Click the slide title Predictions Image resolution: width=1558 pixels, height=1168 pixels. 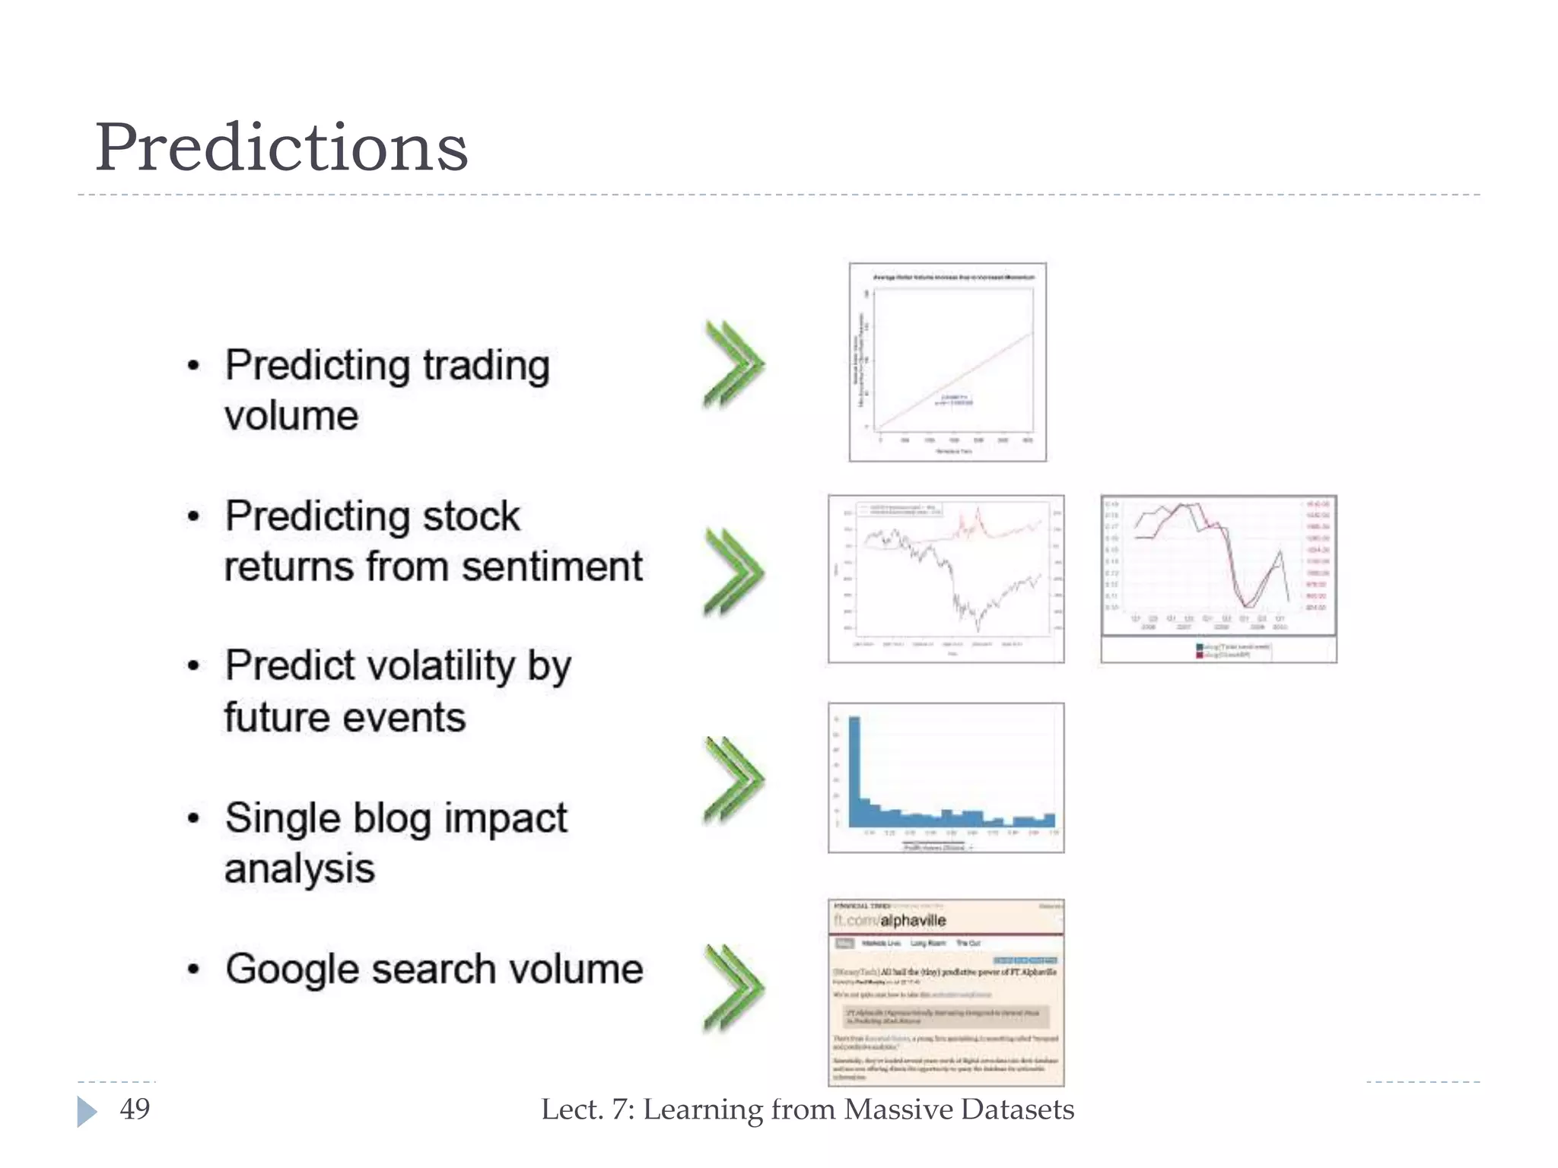tap(281, 148)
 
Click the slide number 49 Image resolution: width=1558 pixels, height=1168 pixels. tap(135, 1109)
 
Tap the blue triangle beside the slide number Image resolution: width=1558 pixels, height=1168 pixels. tap(87, 1111)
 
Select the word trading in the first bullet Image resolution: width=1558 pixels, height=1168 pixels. tap(485, 366)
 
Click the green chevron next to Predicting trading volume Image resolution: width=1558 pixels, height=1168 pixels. tap(732, 364)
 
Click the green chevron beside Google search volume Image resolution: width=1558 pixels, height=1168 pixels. tap(732, 988)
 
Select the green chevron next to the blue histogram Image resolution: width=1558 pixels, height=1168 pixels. tap(732, 779)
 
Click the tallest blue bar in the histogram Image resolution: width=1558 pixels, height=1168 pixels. tap(854, 768)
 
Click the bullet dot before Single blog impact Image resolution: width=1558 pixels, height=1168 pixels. tap(194, 819)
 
